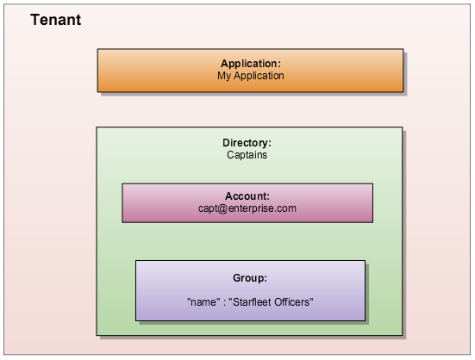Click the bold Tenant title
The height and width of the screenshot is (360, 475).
click(x=56, y=20)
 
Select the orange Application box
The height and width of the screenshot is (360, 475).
click(x=250, y=71)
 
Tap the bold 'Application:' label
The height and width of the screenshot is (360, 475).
click(x=251, y=64)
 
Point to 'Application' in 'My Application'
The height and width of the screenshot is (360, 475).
click(x=260, y=76)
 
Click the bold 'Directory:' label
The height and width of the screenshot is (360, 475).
click(x=247, y=143)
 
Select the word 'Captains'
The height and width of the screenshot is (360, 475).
click(x=247, y=155)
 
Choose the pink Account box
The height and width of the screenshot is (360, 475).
click(x=247, y=202)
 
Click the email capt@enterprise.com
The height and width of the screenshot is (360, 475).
click(x=247, y=208)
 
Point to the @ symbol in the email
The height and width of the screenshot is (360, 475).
click(x=225, y=208)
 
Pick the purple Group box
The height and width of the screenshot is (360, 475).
click(x=250, y=290)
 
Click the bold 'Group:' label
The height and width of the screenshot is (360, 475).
click(x=250, y=278)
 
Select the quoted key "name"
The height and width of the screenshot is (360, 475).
click(x=202, y=302)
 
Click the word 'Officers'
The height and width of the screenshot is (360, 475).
click(x=293, y=302)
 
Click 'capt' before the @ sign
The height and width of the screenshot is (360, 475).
click(x=209, y=208)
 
